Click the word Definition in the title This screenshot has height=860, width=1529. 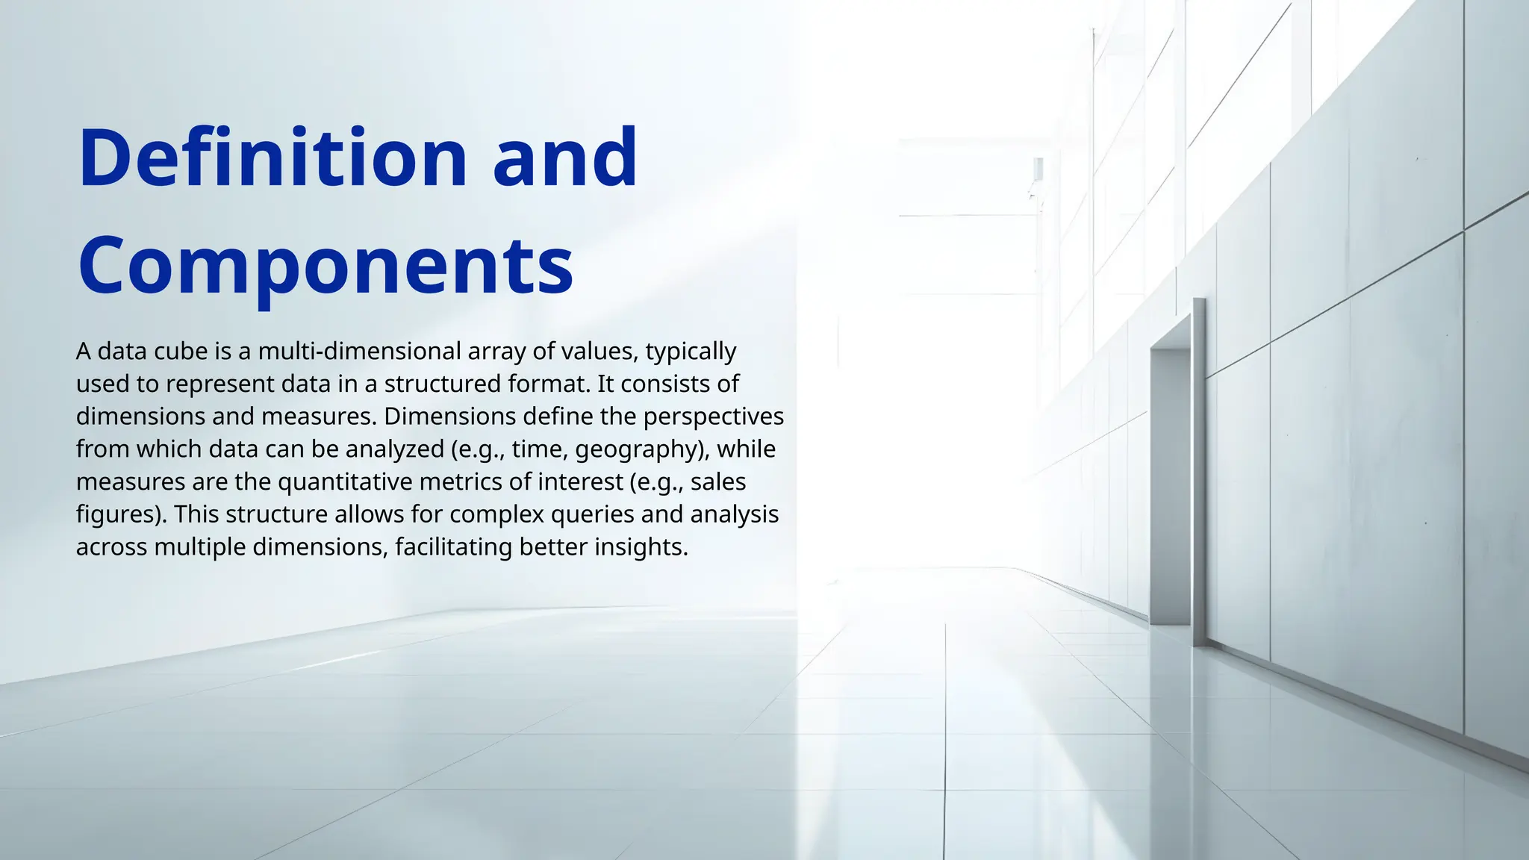click(273, 158)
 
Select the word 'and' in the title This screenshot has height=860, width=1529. click(565, 158)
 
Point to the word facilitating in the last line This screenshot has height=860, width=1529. click(453, 547)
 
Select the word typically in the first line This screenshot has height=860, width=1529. click(691, 351)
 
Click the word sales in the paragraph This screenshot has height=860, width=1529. click(718, 482)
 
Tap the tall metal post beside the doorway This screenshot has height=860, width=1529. click(1199, 470)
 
